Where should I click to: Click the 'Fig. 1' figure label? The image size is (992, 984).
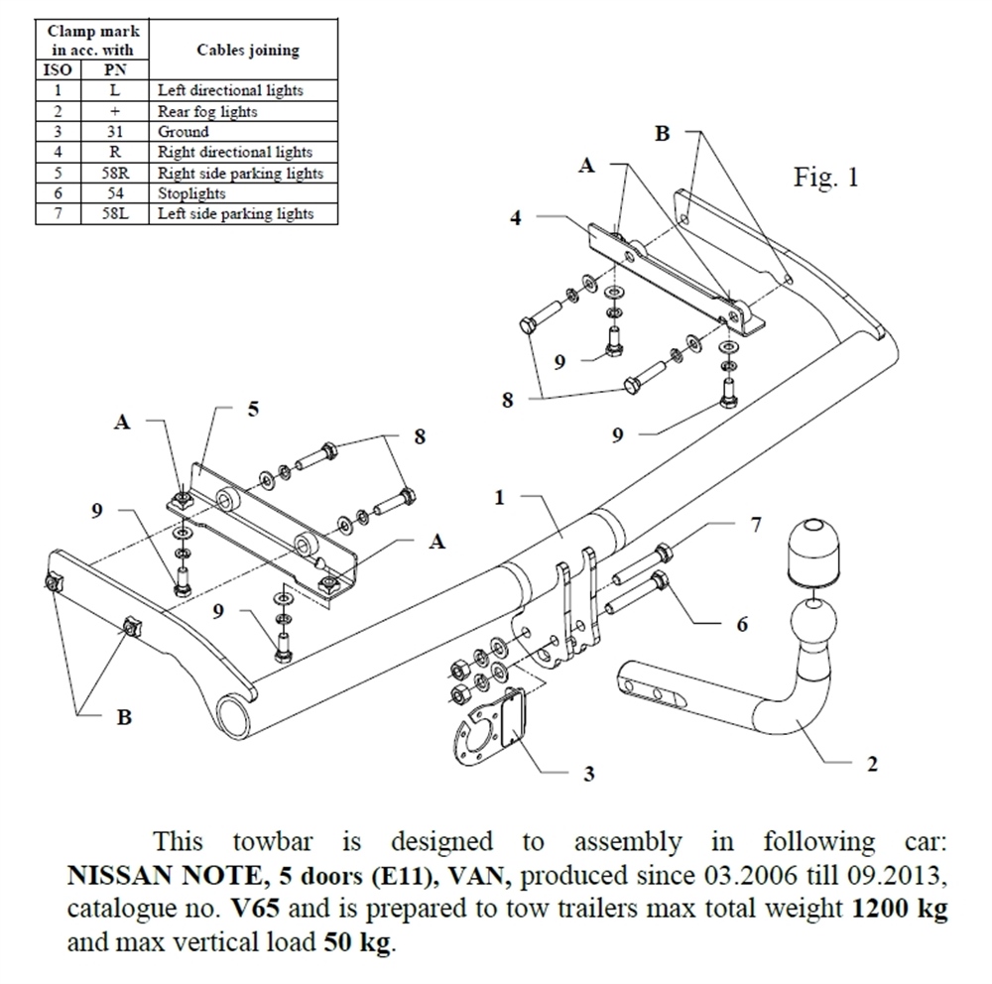826,178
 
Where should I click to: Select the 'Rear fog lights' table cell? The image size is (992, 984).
207,111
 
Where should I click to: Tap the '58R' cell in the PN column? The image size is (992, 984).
115,173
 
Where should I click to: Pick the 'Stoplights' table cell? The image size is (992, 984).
191,193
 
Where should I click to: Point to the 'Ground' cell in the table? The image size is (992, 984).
184,131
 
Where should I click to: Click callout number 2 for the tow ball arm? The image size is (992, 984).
871,764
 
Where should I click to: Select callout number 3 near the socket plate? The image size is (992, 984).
589,774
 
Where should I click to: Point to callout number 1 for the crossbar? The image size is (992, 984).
500,497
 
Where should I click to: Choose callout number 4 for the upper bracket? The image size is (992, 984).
516,217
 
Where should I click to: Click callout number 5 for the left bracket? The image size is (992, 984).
253,409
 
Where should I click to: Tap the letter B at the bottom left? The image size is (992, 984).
124,717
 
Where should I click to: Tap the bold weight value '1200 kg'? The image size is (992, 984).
899,909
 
